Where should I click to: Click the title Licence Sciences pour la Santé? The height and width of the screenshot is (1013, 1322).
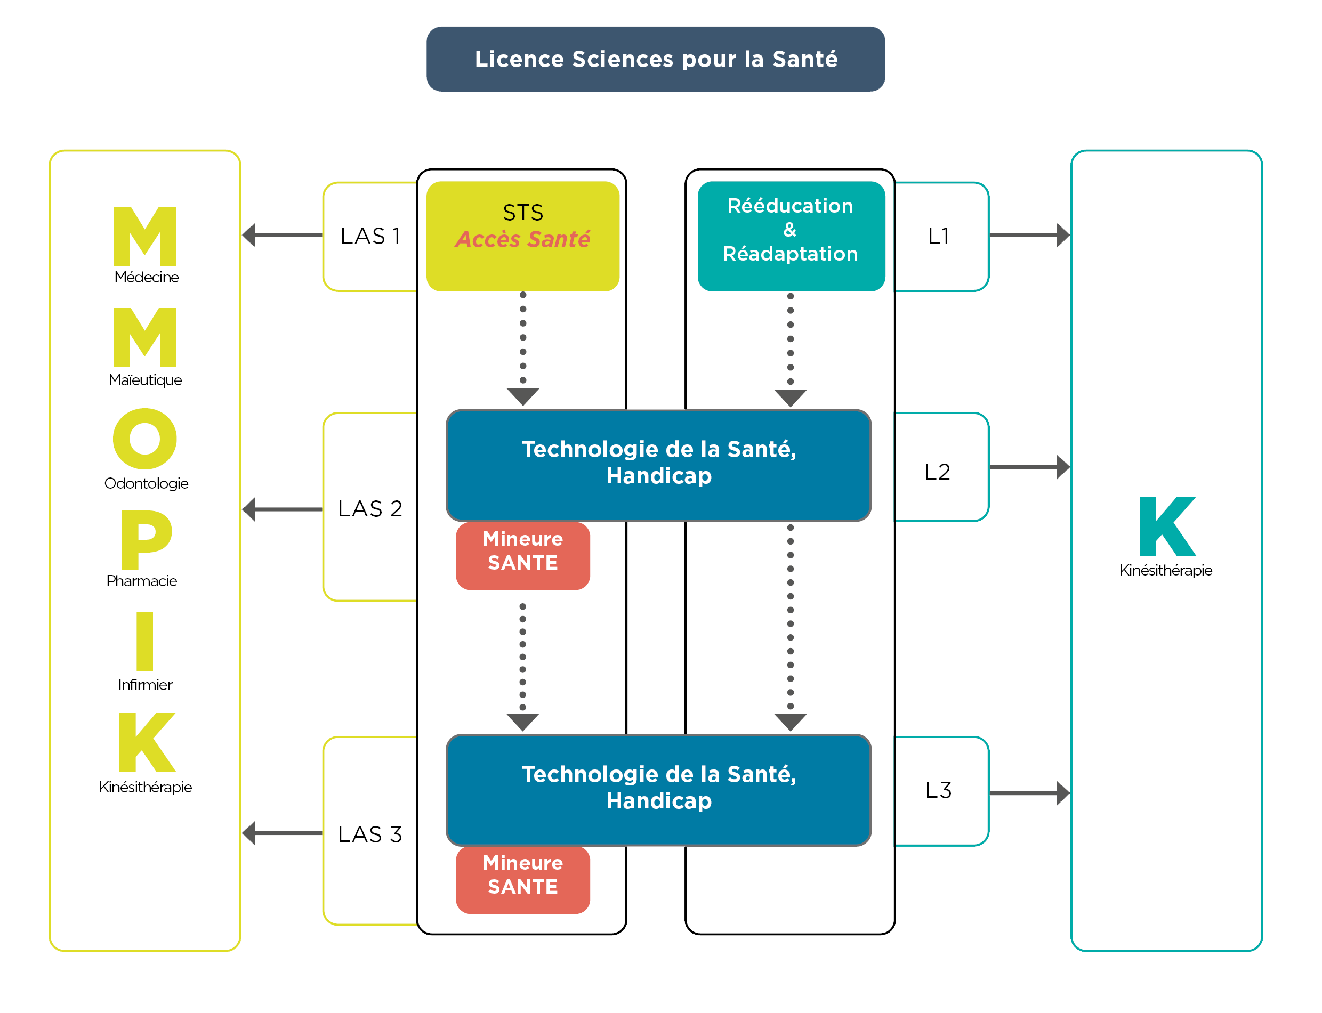click(x=656, y=59)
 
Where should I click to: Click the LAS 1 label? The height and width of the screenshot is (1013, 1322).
click(x=370, y=236)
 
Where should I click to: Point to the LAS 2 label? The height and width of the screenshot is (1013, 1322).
click(x=370, y=508)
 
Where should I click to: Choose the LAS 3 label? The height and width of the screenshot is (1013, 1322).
click(x=370, y=834)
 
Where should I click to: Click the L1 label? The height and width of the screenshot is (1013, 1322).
click(x=938, y=236)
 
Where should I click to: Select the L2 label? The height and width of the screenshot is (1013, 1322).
click(x=937, y=472)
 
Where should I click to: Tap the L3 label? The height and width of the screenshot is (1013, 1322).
click(x=938, y=790)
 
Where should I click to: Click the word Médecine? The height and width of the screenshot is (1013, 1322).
click(x=147, y=278)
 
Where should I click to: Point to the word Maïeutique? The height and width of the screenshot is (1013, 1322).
click(x=146, y=380)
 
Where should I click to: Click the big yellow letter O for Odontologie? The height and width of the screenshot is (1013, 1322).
click(x=145, y=439)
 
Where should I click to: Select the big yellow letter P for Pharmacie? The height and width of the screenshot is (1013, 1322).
click(x=147, y=540)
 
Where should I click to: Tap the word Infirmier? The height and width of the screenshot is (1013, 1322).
click(x=146, y=684)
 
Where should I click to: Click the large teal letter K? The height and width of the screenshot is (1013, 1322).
click(x=1166, y=526)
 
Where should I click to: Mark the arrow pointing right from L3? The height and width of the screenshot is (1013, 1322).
click(x=1029, y=793)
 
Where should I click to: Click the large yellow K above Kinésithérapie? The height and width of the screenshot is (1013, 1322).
click(x=147, y=742)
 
